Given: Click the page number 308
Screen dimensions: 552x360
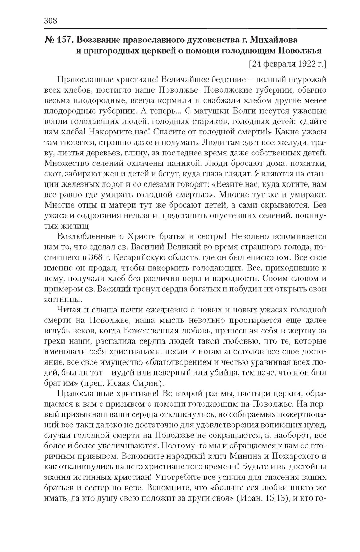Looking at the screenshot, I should click(x=50, y=21).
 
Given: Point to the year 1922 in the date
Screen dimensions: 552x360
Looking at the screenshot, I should click(x=303, y=64).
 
